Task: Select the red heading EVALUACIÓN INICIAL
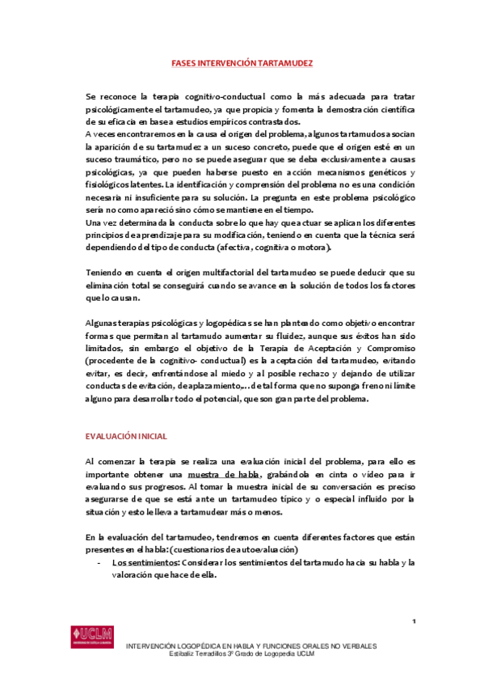tap(126, 436)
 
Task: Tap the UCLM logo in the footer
tap(92, 633)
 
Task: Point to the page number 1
tap(413, 620)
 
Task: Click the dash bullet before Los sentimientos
tap(99, 561)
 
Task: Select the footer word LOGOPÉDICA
tap(208, 646)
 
